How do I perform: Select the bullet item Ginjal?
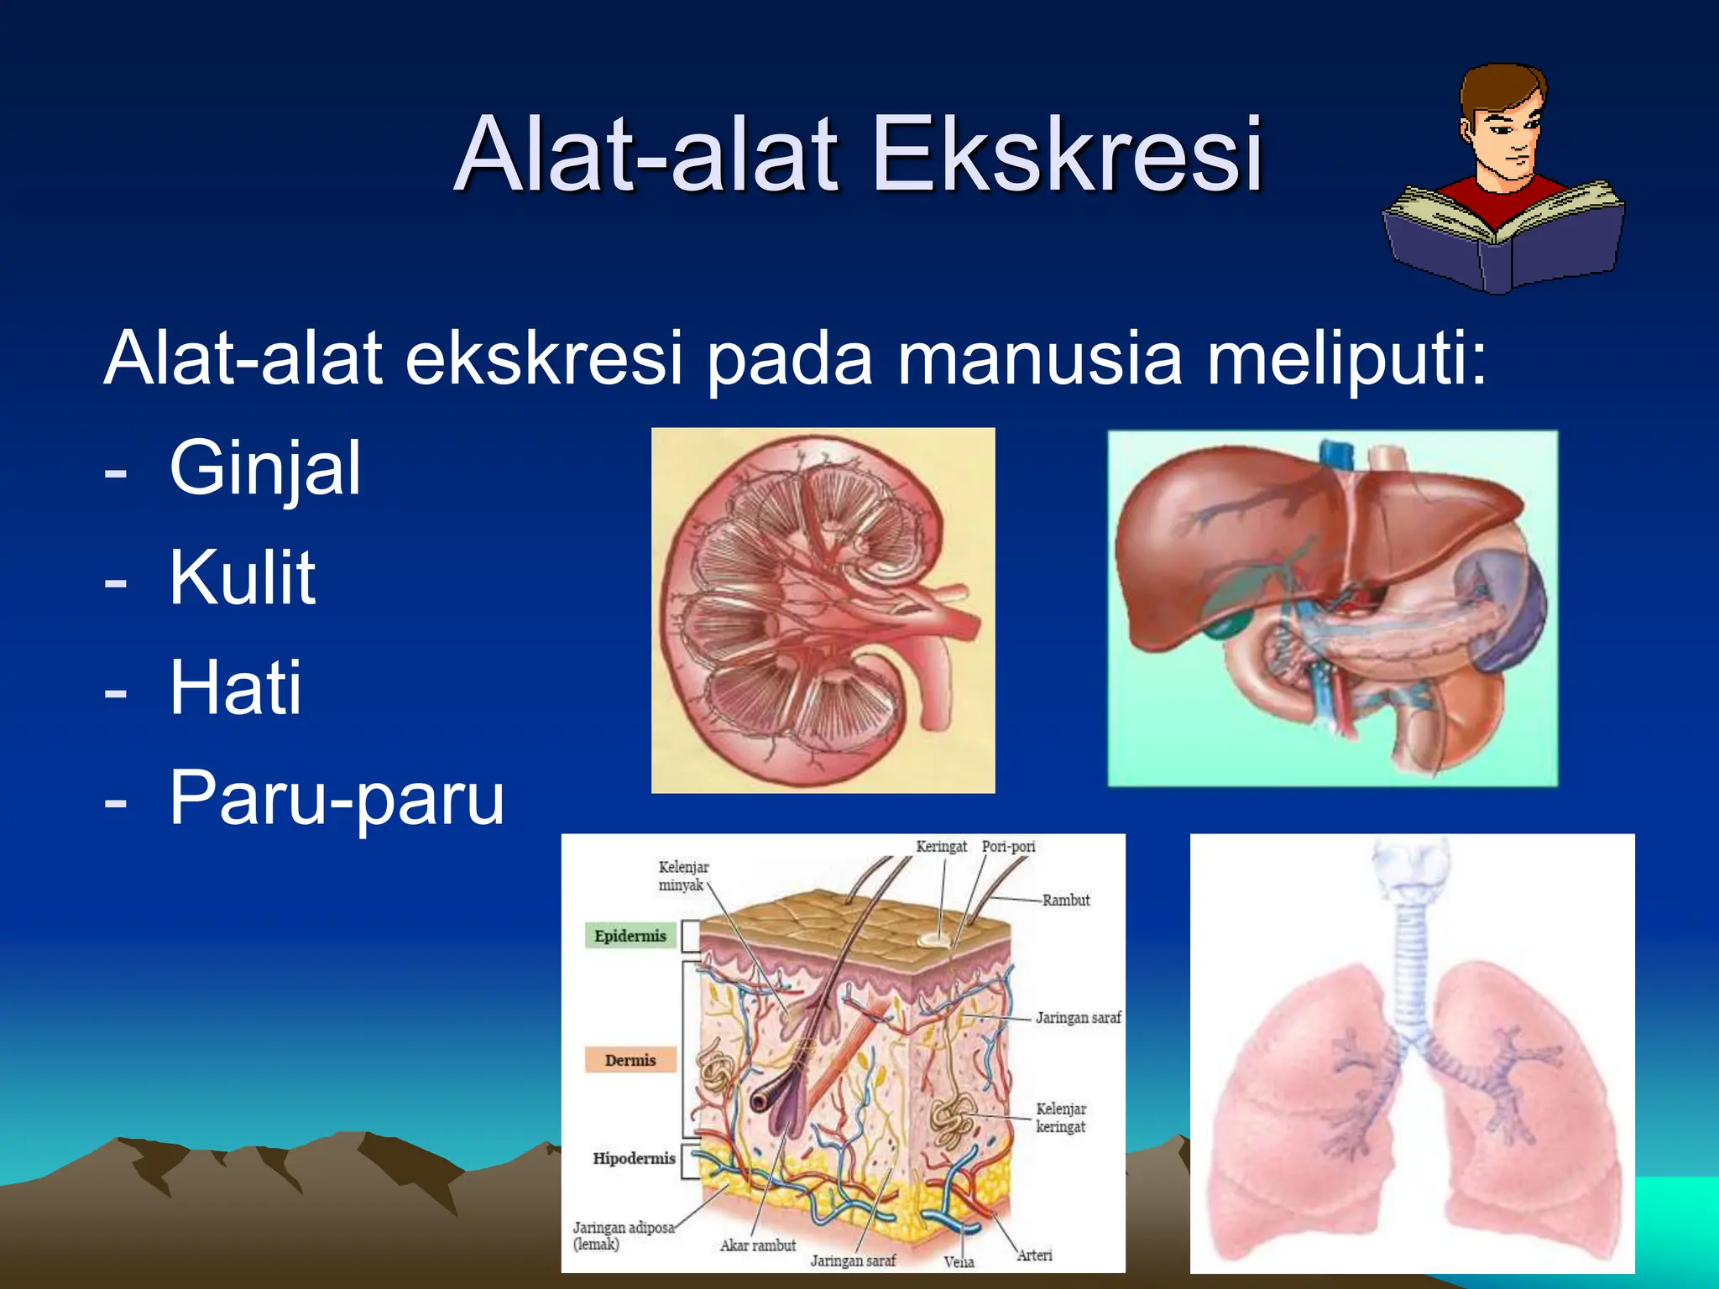coord(264,468)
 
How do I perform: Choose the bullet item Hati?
coord(235,687)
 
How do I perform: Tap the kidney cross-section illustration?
coord(823,610)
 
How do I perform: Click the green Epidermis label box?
coord(630,936)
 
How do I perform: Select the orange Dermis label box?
coord(630,1060)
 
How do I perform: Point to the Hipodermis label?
coord(634,1159)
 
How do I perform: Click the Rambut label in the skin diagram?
coord(1065,900)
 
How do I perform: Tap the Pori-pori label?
coord(1008,847)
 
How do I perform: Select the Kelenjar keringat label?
coord(1060,1118)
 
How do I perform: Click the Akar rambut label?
coord(757,1246)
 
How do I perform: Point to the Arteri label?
coord(1034,1255)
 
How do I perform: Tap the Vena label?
coord(959,1262)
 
